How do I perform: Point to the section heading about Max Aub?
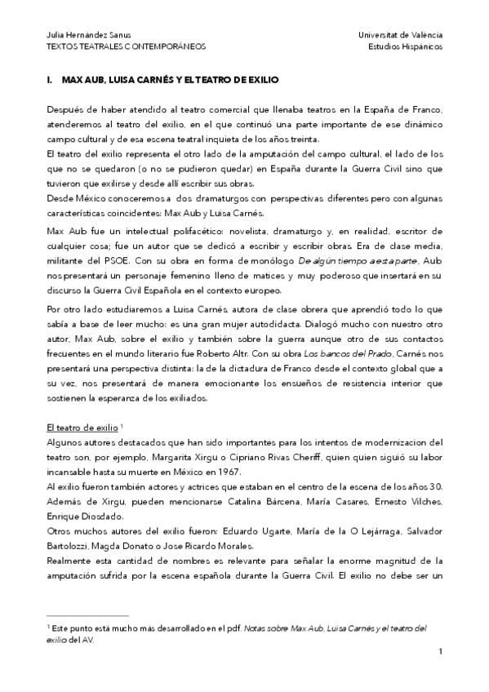[164, 82]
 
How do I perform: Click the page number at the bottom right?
[440, 650]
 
